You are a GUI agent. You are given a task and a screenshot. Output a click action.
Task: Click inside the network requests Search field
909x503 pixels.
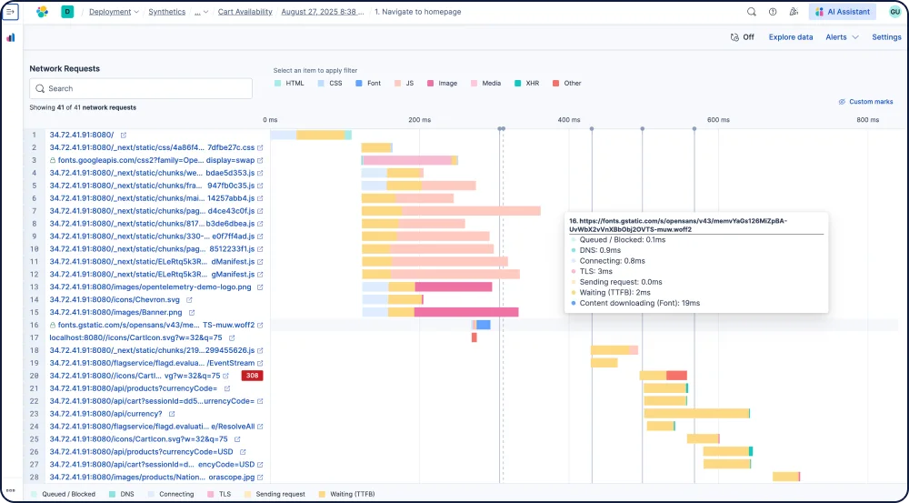[x=141, y=88]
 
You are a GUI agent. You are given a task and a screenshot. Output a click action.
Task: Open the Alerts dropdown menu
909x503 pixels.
[x=841, y=37]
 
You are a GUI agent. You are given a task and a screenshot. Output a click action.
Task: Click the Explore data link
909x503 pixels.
[x=791, y=37]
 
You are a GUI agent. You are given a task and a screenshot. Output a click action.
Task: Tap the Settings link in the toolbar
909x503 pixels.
[x=886, y=37]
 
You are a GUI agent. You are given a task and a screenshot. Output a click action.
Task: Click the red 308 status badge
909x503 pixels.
[x=252, y=376]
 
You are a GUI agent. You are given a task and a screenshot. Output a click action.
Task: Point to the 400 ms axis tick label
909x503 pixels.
[x=569, y=120]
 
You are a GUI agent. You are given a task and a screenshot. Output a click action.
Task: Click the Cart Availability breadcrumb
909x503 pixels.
[x=245, y=12]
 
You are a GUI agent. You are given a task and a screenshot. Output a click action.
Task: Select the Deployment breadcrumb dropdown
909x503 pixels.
[x=114, y=12]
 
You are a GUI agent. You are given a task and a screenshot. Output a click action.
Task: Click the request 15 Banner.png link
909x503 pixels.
[x=115, y=312]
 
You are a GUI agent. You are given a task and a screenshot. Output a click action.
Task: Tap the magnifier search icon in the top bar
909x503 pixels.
[x=751, y=12]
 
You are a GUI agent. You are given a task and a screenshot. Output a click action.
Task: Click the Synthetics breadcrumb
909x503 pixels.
[x=166, y=12]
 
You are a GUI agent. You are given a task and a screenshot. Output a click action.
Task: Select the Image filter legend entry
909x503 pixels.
[x=446, y=83]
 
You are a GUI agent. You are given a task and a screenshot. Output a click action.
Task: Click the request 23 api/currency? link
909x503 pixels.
[x=105, y=414]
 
